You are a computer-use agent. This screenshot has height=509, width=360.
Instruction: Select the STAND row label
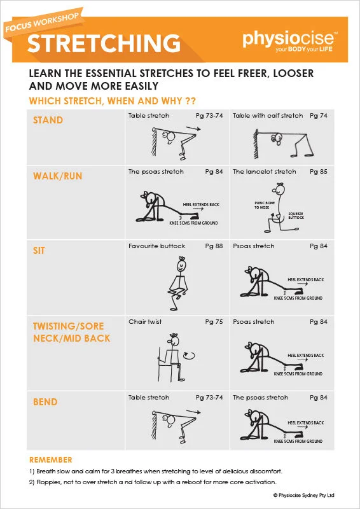48,120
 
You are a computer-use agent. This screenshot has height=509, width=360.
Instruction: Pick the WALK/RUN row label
57,176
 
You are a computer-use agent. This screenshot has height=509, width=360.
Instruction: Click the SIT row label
39,251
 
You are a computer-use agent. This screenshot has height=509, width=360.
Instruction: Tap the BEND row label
45,401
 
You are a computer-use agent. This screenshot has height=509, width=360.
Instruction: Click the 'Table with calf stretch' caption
268,116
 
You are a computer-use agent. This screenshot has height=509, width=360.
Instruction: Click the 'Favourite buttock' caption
156,246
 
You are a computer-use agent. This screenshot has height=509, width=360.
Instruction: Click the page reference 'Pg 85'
318,172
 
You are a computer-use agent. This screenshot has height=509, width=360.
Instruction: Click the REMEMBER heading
50,459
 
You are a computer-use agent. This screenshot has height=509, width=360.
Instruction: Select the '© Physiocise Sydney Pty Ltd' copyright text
303,495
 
